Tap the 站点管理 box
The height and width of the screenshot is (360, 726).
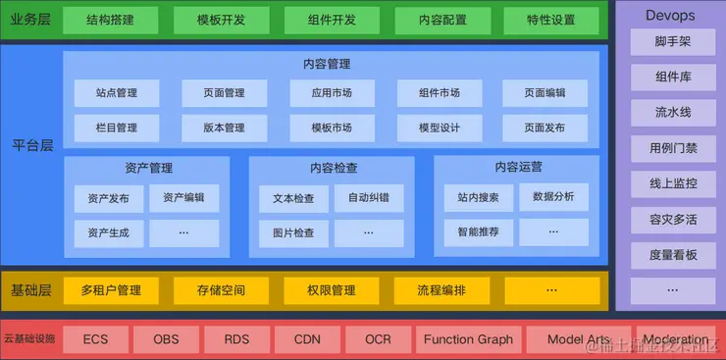point(111,93)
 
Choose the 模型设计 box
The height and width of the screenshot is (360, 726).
point(439,128)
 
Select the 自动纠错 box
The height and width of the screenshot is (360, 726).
point(368,198)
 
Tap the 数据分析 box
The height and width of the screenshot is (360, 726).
point(553,197)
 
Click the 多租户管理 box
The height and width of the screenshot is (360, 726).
point(111,290)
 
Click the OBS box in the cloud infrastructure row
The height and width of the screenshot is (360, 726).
point(166,339)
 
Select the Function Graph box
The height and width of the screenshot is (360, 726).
point(468,339)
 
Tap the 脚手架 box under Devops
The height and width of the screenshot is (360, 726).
point(673,42)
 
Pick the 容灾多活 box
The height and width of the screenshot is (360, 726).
point(673,218)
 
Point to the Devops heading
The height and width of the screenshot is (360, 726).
point(671,15)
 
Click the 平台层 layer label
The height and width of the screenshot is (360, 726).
point(33,144)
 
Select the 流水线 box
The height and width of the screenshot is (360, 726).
point(673,113)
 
